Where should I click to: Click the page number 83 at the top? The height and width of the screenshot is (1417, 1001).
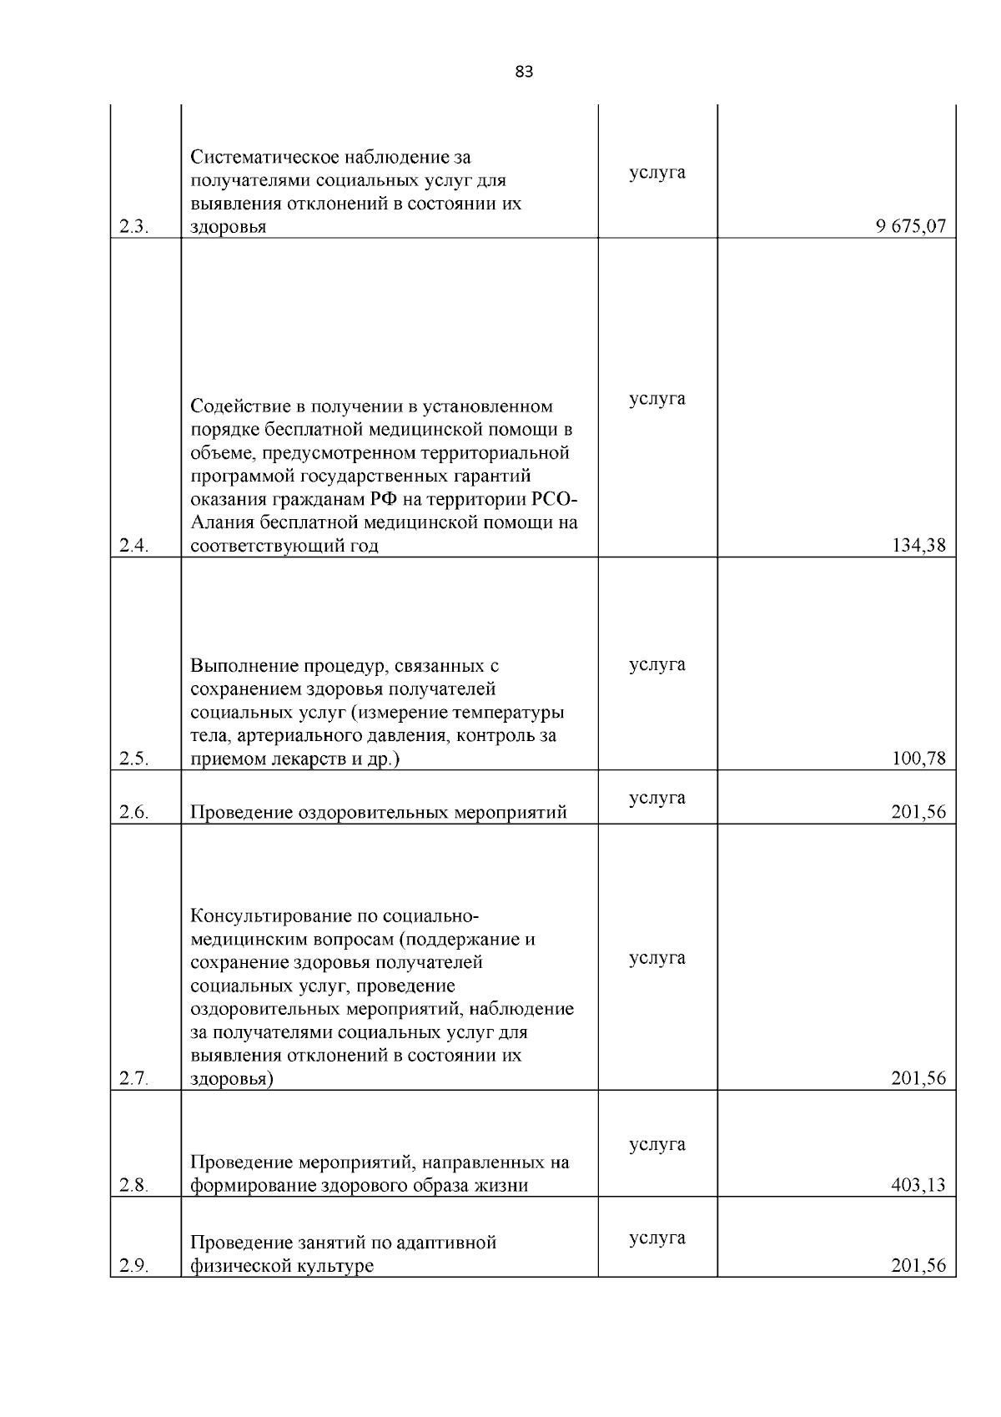click(524, 72)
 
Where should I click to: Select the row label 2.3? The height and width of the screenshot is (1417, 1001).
click(133, 227)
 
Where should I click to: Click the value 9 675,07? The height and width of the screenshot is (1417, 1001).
click(911, 226)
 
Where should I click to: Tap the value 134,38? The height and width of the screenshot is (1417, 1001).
click(919, 546)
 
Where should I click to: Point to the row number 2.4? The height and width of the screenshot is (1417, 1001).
click(133, 547)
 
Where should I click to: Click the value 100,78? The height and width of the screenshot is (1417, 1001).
click(919, 759)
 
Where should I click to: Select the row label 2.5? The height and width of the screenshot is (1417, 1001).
click(133, 759)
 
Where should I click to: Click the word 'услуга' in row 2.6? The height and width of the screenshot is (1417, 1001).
click(657, 798)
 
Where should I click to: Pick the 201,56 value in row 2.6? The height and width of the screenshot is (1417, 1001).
click(919, 812)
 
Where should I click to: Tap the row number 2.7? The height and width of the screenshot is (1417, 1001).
click(133, 1079)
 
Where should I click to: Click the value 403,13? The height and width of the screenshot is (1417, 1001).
click(919, 1185)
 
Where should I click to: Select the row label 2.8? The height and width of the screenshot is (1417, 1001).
click(133, 1186)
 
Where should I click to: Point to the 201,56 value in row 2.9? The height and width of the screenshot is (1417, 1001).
click(919, 1265)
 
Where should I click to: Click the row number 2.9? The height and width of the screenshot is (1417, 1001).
click(133, 1266)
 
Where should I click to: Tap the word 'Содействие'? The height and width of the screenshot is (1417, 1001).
click(238, 406)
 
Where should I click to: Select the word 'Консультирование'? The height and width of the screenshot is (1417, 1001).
click(267, 915)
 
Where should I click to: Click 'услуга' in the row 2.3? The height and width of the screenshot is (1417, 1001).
click(657, 172)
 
